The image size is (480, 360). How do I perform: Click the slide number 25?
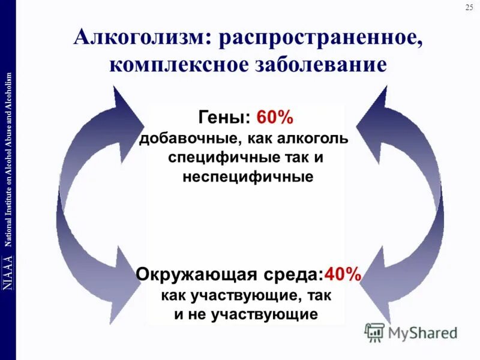(x=469, y=7)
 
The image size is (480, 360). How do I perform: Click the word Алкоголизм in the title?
(x=140, y=39)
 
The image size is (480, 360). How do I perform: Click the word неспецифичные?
(x=247, y=177)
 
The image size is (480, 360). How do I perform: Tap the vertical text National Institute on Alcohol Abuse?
(x=8, y=159)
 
